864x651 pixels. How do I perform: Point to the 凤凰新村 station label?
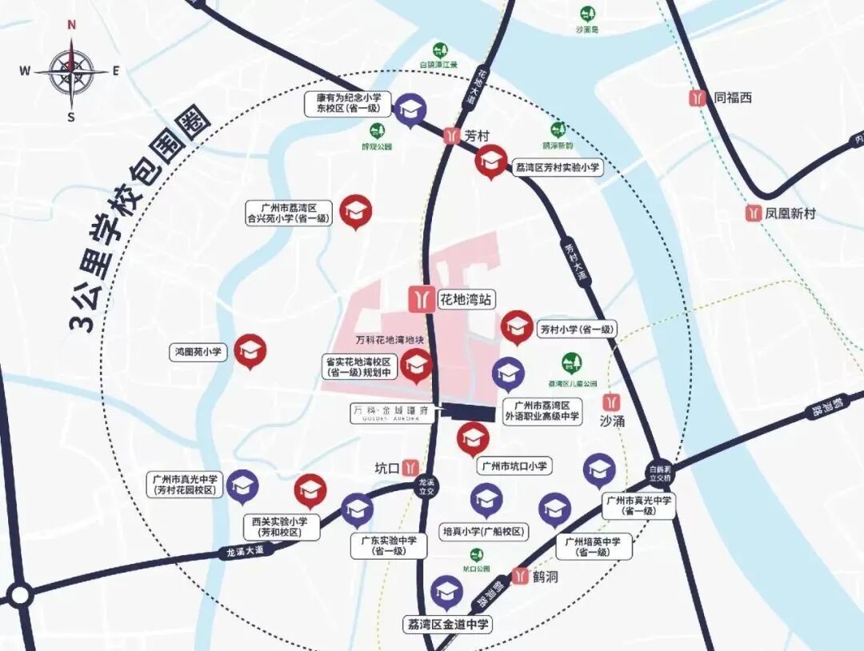coord(790,214)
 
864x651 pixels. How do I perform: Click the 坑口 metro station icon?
coord(410,467)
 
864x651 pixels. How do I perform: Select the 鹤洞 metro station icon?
coord(521,576)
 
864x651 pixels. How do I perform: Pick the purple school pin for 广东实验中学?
coord(357,509)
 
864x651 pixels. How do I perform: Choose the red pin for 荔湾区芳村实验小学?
coord(491,160)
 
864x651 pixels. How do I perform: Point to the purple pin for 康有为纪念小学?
coord(410,110)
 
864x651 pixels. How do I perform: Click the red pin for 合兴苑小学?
coord(356,211)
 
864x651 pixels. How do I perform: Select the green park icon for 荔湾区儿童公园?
coord(570,363)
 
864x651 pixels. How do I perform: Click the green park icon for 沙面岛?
coord(588,14)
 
